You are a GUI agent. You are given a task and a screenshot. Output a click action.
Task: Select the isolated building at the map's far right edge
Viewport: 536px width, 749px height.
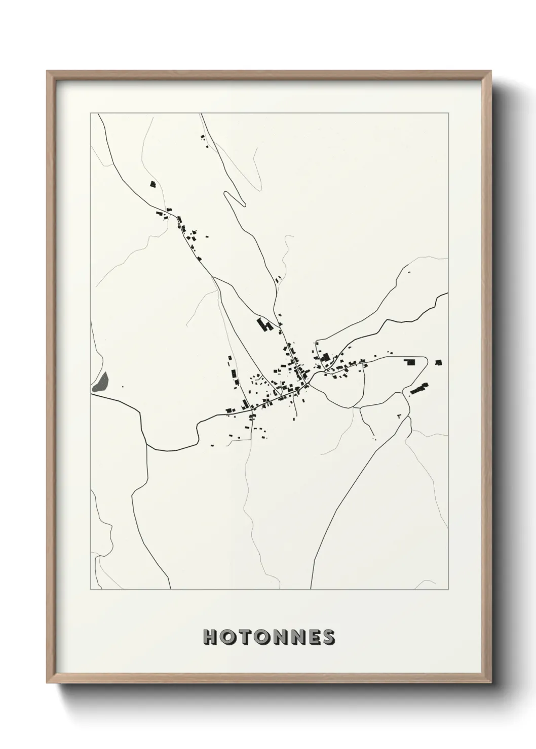[438, 362]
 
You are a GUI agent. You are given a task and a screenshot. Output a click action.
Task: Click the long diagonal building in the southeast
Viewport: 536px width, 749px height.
[419, 388]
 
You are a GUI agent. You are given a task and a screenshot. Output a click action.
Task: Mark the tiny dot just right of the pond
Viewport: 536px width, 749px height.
[123, 387]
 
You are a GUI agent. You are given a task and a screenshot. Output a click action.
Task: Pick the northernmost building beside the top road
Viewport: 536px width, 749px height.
[203, 137]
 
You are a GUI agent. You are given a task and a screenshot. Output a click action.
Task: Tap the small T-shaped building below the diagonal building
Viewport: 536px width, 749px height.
[399, 416]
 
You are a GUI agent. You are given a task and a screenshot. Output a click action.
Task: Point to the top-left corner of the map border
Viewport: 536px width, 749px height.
[91, 113]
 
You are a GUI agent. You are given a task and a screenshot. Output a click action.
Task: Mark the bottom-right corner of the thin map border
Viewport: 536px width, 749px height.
[448, 590]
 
